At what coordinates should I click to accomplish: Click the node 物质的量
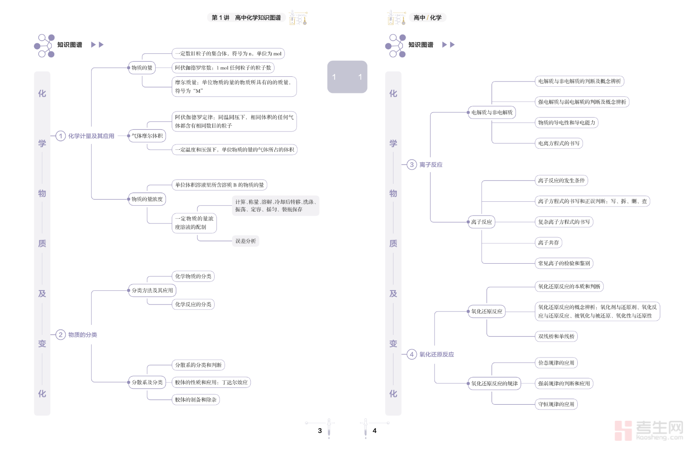142,68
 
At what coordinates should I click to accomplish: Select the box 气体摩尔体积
147,136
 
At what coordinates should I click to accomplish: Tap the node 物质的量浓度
147,199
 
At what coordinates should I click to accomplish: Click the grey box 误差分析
246,241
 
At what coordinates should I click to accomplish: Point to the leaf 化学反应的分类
193,305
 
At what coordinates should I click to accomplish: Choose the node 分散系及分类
147,382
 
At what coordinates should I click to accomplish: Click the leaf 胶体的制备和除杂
196,400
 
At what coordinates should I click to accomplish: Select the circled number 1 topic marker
61,136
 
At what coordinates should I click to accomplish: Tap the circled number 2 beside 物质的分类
61,335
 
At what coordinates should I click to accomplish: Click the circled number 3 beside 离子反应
412,165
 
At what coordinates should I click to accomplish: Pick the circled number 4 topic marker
412,354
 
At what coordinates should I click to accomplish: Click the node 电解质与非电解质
492,112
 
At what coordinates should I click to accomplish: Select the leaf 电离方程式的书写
559,143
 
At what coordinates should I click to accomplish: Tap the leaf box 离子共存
548,243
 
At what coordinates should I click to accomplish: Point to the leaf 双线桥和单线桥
556,336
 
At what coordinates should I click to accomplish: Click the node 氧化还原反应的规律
494,383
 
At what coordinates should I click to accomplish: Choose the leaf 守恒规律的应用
556,404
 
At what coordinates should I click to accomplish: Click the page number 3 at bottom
320,431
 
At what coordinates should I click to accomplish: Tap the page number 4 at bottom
374,431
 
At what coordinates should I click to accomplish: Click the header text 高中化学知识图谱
258,18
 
